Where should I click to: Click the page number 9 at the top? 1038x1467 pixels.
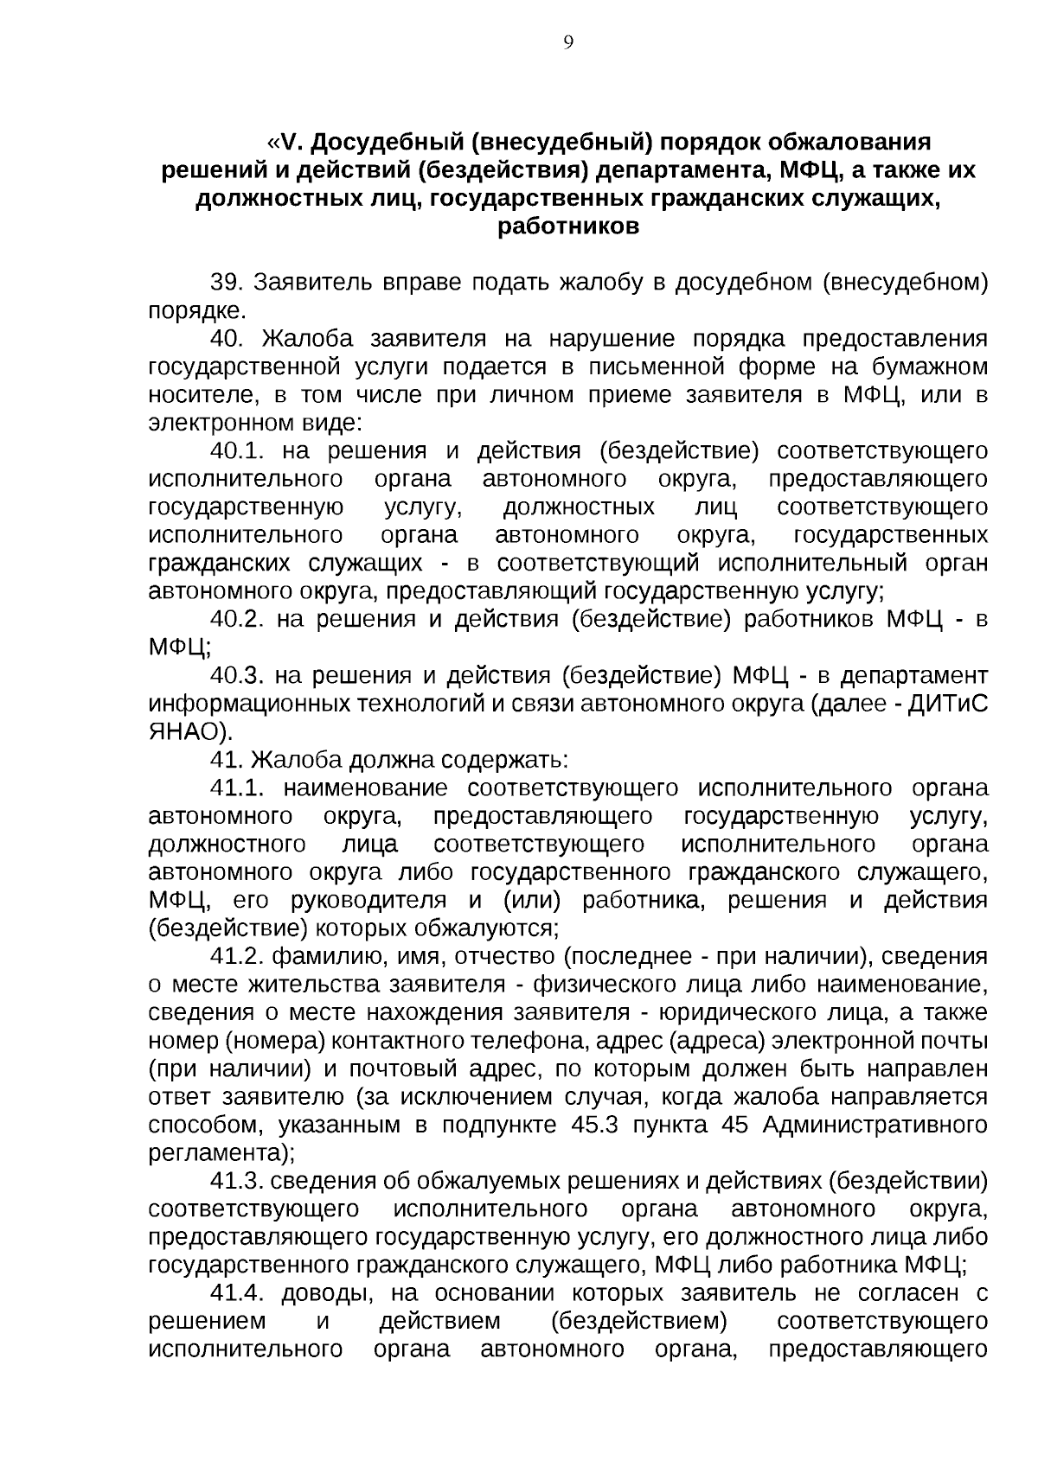(568, 42)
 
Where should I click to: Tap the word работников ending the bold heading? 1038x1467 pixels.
(568, 227)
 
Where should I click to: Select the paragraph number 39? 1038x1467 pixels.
(229, 283)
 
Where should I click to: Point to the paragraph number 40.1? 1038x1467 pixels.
(237, 451)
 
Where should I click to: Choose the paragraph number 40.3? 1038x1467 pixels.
(237, 675)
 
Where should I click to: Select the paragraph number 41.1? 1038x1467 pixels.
(237, 788)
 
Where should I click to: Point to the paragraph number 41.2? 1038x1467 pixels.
(237, 956)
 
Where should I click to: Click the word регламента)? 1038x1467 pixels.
(221, 1152)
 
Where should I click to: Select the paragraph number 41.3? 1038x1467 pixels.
(237, 1181)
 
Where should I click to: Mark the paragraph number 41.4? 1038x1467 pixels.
(237, 1293)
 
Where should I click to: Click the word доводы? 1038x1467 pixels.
(330, 1293)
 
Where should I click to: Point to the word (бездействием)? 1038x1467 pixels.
(638, 1321)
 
